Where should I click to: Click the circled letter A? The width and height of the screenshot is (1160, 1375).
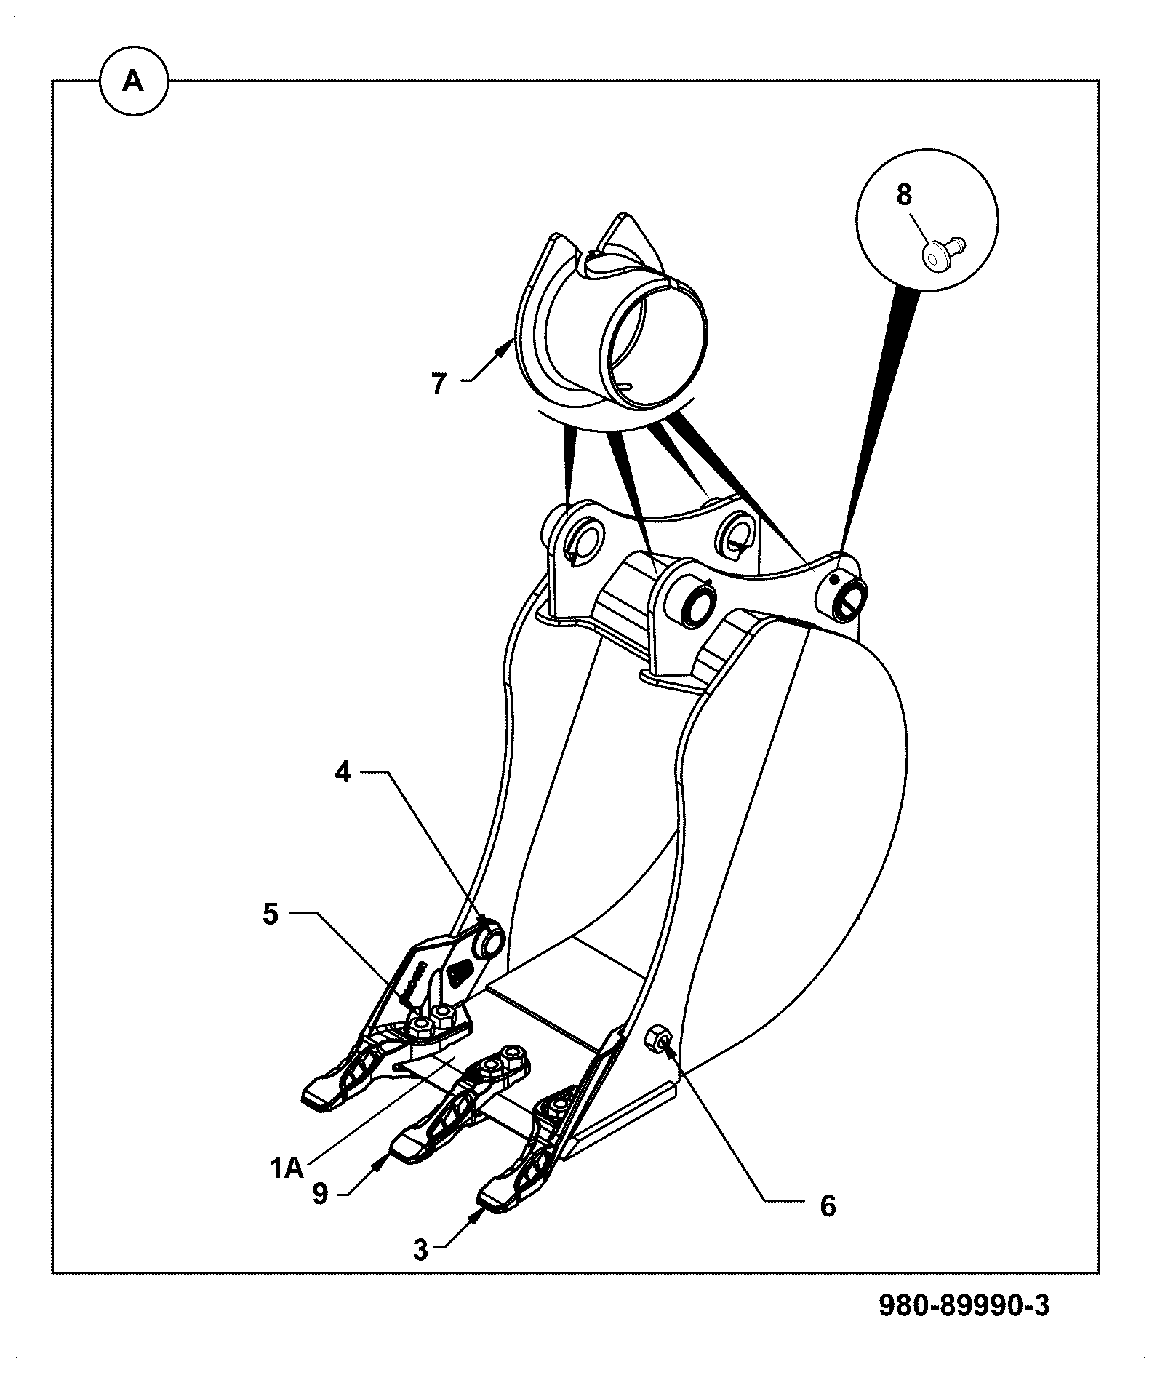pos(133,82)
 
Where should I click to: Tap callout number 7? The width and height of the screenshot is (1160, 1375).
pos(438,383)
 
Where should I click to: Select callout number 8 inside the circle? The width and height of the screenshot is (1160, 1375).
pos(903,195)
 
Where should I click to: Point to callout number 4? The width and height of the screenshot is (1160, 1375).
pos(343,773)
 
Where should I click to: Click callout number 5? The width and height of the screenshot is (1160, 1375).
pos(271,914)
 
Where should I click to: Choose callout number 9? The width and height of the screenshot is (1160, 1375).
pos(321,1193)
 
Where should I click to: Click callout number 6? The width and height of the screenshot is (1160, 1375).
pos(828,1205)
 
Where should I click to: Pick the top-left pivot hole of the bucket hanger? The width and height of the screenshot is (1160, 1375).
pos(584,539)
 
